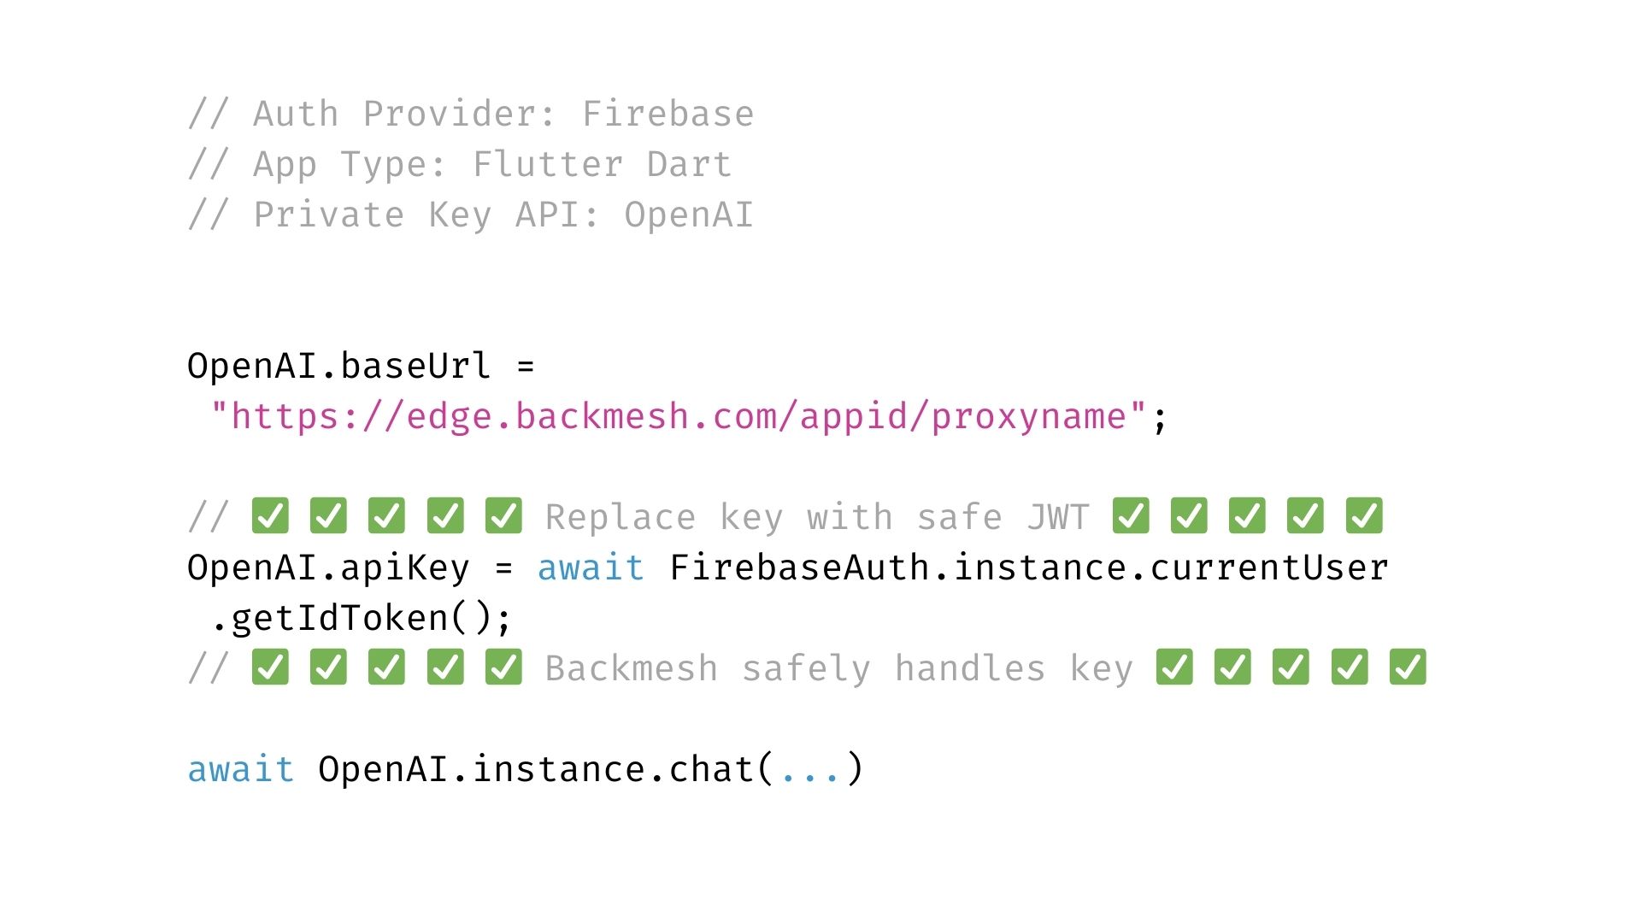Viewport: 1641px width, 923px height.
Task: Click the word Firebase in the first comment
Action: point(668,114)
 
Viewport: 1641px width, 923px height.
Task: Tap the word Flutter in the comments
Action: point(548,164)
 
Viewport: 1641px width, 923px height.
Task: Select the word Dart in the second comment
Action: point(689,164)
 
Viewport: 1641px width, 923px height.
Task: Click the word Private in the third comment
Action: point(329,215)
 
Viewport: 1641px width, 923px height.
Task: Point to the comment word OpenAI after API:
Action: point(689,215)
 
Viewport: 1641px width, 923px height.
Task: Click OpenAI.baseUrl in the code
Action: point(338,366)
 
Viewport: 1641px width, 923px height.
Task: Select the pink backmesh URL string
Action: point(679,417)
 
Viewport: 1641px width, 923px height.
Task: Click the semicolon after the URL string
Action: point(1160,419)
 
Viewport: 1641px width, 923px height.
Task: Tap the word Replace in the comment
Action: point(621,517)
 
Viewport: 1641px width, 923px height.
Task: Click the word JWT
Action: point(1058,517)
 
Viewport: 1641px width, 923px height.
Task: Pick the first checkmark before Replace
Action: point(270,516)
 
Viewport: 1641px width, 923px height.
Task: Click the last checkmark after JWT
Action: point(1364,516)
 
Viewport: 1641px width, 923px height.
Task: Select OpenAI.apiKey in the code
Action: point(328,567)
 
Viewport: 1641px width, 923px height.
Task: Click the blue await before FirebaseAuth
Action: point(591,567)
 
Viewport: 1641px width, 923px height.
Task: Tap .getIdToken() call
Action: point(361,618)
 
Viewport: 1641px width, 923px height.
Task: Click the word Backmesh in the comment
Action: point(632,668)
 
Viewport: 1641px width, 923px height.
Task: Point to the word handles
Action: point(970,668)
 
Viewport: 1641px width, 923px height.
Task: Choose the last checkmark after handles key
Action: point(1408,667)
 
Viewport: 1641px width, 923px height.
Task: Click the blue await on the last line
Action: point(241,769)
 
